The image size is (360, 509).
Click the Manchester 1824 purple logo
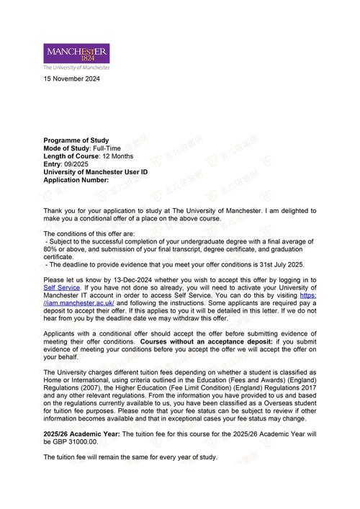point(77,53)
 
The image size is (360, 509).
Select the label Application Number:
point(76,180)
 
